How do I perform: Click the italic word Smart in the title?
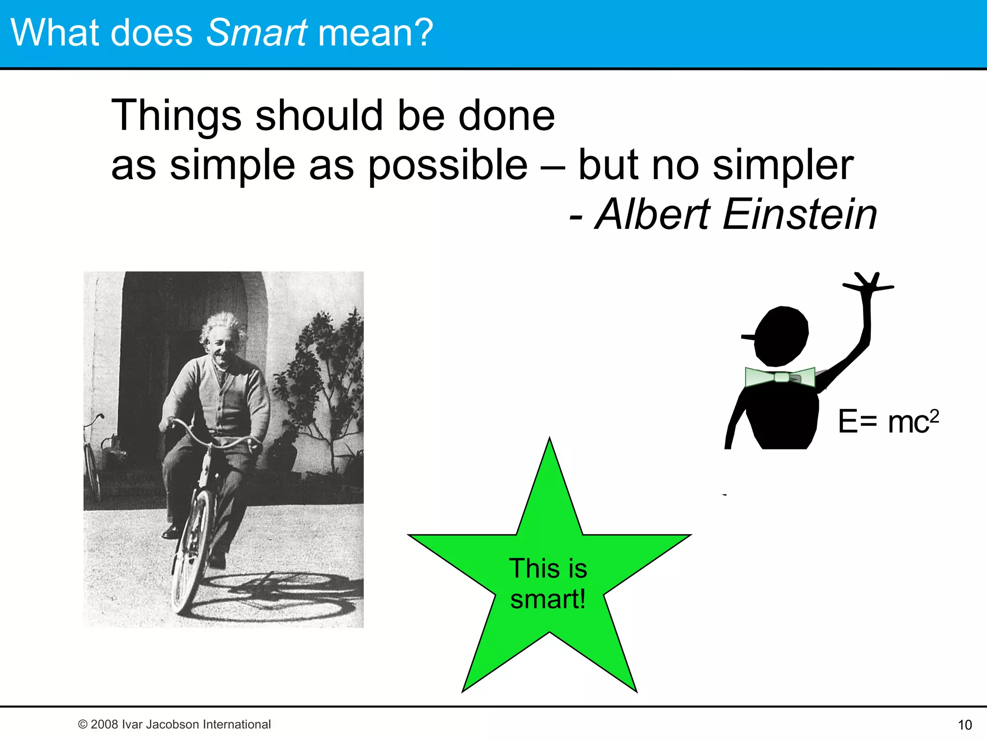pyautogui.click(x=256, y=33)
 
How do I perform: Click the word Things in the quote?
pyautogui.click(x=176, y=116)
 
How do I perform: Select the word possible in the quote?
pyautogui.click(x=448, y=165)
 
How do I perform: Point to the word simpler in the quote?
pyautogui.click(x=783, y=165)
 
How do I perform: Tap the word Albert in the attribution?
pyautogui.click(x=653, y=214)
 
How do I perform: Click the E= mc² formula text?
pyautogui.click(x=888, y=422)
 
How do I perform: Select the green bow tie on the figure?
pyautogui.click(x=780, y=377)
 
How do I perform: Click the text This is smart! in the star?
pyautogui.click(x=548, y=583)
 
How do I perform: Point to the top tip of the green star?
pyautogui.click(x=549, y=441)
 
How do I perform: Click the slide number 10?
pyautogui.click(x=964, y=725)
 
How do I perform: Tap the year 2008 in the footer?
pyautogui.click(x=105, y=724)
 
